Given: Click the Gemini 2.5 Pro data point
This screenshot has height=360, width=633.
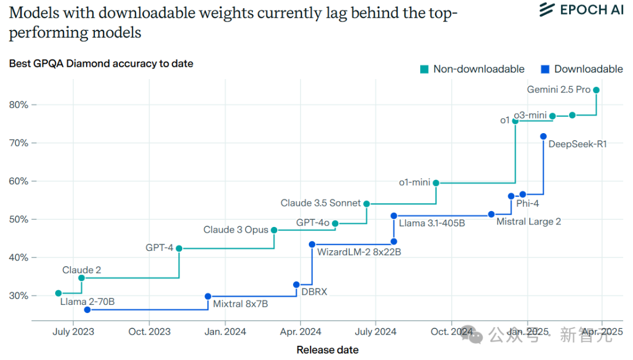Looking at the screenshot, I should coord(596,90).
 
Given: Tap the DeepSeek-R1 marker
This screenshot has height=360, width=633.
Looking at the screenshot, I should coord(543,137).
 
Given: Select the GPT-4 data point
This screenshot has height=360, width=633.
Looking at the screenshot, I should coord(179,249).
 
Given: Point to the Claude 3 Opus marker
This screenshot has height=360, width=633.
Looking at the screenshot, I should coord(274,230).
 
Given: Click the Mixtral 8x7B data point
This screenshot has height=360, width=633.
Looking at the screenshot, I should coord(208,297).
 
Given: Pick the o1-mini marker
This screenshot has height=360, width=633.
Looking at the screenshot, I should coord(436,183).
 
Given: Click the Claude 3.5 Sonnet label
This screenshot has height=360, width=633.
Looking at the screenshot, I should coord(321,203).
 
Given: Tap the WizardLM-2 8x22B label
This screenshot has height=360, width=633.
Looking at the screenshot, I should coord(359,252).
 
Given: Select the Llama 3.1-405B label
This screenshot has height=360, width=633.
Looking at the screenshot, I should coord(432,223).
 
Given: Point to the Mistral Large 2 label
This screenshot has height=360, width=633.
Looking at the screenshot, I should coord(528,222).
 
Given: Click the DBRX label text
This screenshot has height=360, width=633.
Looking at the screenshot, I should coord(314,291).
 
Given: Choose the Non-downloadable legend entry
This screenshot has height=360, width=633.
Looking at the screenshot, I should coord(472,69).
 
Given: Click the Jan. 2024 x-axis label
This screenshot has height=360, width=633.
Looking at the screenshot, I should coord(224,332).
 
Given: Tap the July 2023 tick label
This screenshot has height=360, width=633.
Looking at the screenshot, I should coord(73,332).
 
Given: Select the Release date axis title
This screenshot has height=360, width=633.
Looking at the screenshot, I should coord(327,350).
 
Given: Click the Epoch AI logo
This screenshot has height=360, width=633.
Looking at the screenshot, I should coord(581,10).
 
